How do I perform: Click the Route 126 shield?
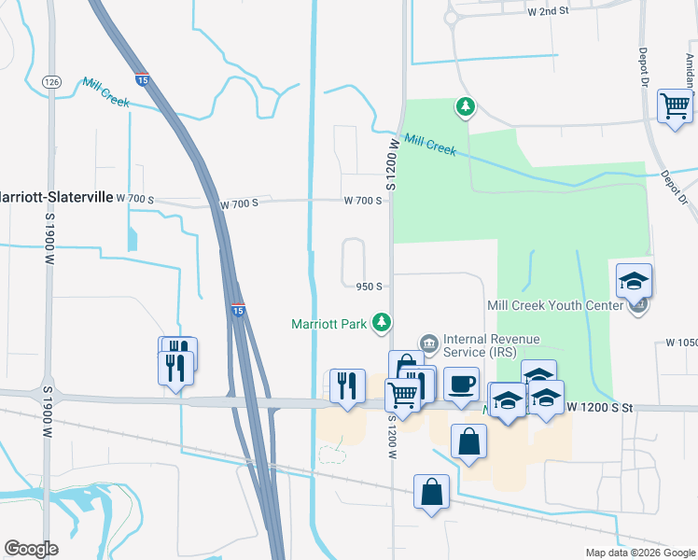tap(50, 82)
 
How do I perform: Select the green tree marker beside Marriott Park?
tap(381, 323)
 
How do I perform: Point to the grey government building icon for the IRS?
tap(429, 343)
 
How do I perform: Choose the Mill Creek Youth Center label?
tap(554, 305)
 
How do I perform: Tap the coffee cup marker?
tap(460, 384)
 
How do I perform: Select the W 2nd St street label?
tap(548, 12)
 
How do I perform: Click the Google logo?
tap(31, 549)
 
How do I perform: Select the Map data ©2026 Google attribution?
tap(639, 553)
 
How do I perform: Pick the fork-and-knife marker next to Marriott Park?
tap(347, 385)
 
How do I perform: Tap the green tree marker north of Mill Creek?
tap(465, 107)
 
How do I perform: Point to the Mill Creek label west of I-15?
tap(105, 91)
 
